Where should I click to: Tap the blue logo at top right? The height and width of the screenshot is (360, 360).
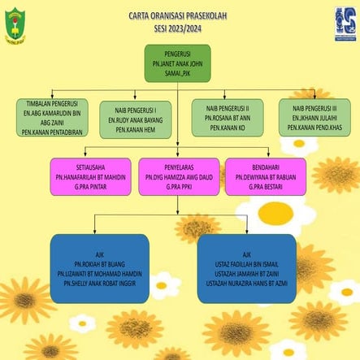(x=345, y=24)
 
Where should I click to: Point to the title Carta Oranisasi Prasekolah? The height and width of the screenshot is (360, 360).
(x=180, y=15)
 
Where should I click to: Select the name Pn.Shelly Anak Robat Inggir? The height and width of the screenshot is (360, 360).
(x=99, y=285)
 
